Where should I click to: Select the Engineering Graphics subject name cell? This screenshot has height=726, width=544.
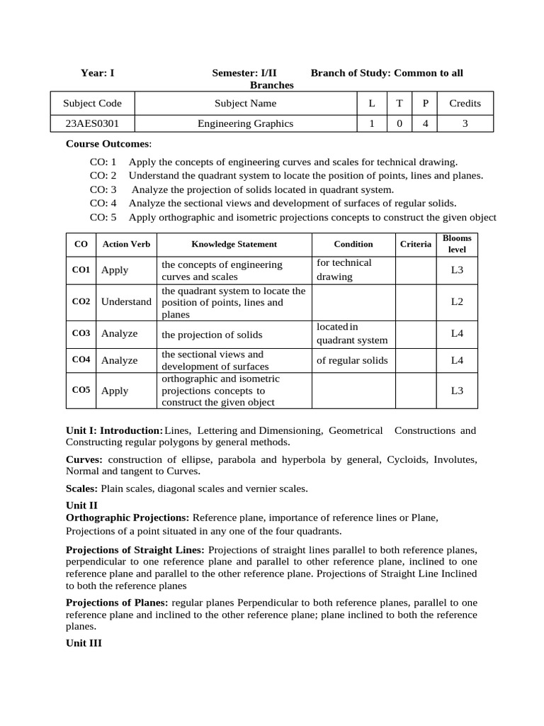[245, 123]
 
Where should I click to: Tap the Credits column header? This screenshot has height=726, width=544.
[465, 103]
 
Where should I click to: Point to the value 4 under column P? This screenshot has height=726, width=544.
[425, 123]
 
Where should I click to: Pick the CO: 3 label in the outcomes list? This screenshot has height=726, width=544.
[103, 189]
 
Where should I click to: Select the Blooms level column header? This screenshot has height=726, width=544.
[457, 244]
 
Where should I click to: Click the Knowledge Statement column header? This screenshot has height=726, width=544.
[234, 244]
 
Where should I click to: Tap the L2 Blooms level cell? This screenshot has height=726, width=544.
[457, 301]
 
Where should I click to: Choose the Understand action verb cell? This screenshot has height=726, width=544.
[126, 301]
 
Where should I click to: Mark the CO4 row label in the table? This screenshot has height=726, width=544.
[81, 360]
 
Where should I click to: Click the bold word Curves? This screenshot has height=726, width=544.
[84, 459]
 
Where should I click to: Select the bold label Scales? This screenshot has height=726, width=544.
[82, 488]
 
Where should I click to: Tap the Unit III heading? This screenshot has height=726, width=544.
[84, 644]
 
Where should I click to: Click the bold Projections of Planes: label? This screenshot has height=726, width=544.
[117, 603]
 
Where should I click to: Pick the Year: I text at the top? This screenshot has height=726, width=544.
[97, 73]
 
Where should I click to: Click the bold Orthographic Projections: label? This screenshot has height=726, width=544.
[127, 518]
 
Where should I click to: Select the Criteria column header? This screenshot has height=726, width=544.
[415, 244]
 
